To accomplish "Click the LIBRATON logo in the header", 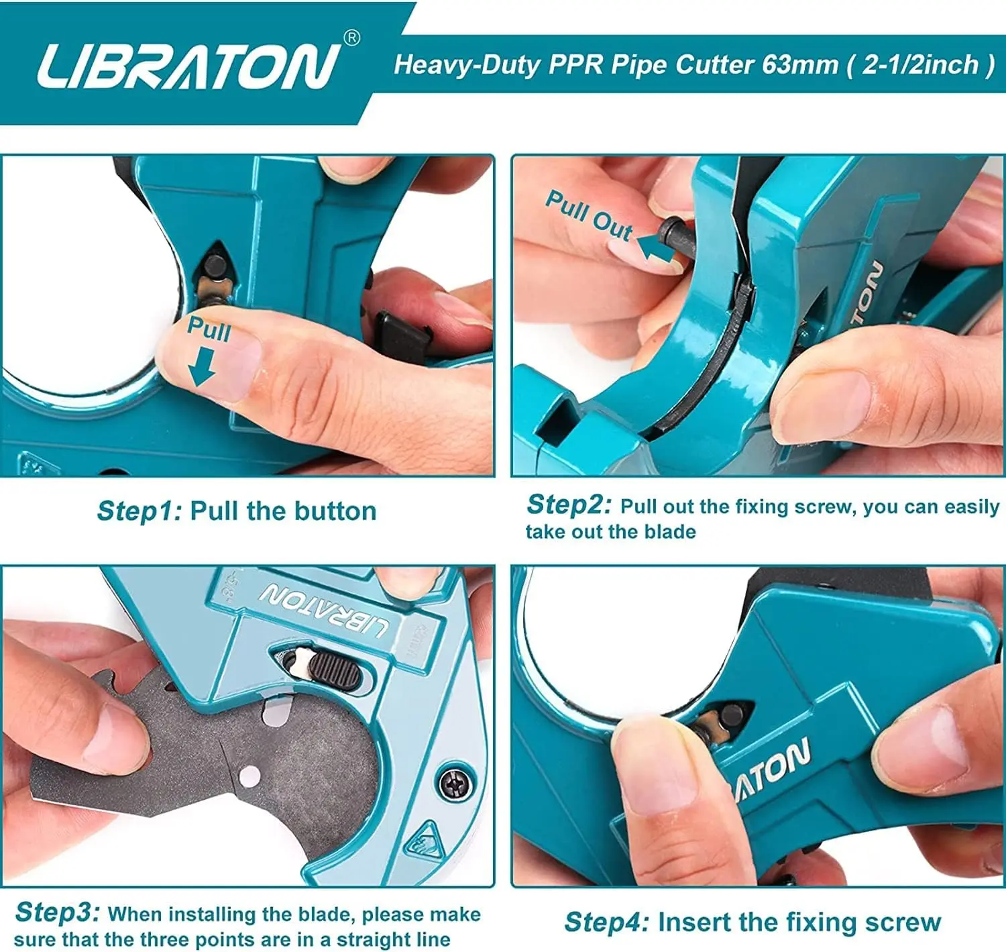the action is click(189, 66).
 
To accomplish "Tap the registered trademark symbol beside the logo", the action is click(351, 38).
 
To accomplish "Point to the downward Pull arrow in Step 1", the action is click(201, 366).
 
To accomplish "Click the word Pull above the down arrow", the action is click(209, 329).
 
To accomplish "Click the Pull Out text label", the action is click(590, 215).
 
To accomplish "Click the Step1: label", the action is click(139, 511).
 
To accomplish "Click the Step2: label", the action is click(569, 505).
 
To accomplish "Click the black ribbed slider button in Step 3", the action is click(337, 670).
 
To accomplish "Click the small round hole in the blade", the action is click(249, 776).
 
